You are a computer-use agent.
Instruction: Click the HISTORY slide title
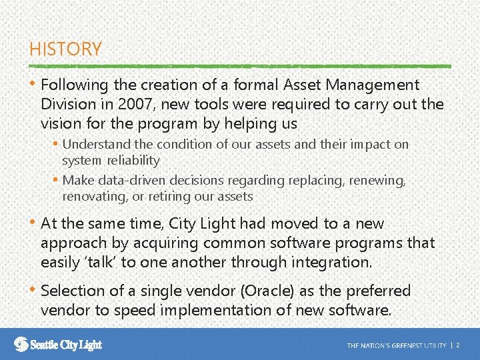[x=65, y=49]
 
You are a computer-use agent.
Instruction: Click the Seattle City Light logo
[x=59, y=344]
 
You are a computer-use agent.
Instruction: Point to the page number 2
[x=458, y=345]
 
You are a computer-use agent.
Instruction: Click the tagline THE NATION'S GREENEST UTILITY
[x=396, y=345]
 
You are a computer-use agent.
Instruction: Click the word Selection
[x=71, y=291]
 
